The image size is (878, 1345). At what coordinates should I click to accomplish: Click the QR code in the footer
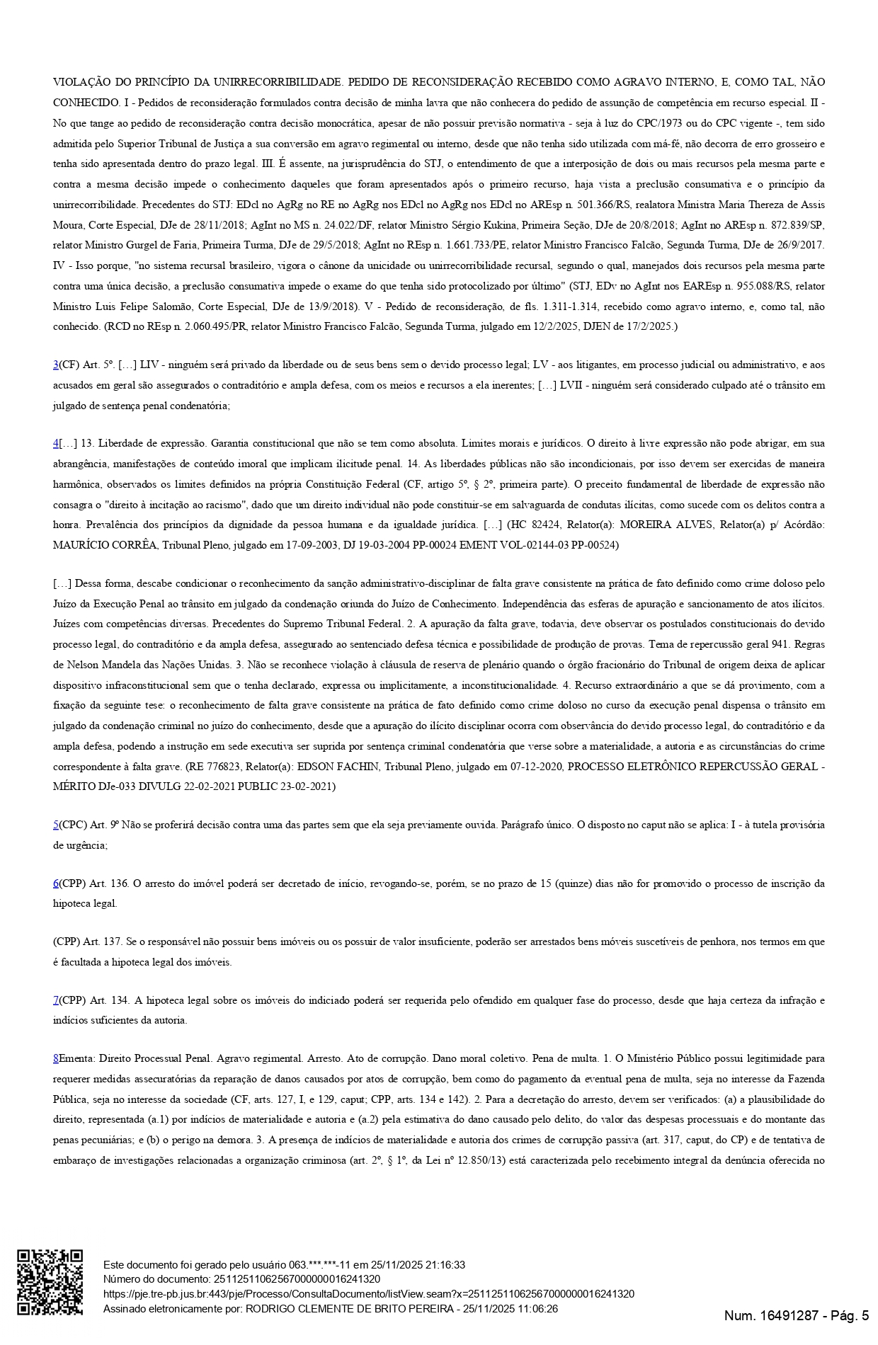click(x=50, y=1282)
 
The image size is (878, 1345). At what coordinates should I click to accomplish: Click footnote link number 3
click(x=56, y=365)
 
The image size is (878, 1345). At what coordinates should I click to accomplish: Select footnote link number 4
click(x=56, y=444)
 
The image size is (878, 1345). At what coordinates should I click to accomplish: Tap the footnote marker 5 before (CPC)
click(x=56, y=825)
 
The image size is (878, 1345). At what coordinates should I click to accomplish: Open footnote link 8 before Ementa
click(x=56, y=1059)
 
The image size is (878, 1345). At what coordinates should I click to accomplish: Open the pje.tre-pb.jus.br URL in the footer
click(x=368, y=1294)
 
